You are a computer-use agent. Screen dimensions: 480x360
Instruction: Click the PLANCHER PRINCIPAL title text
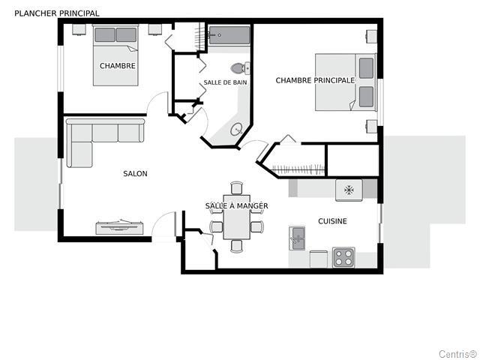57,13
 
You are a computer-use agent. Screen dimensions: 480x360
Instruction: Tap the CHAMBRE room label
118,66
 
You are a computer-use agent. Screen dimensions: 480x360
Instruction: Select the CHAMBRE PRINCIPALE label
315,80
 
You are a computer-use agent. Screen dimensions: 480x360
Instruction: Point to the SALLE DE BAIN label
225,82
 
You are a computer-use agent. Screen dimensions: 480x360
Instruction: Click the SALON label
135,173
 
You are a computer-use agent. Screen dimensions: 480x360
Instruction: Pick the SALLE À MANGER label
237,205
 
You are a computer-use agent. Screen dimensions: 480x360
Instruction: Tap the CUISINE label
332,221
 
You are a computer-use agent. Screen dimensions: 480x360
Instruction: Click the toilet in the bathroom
240,68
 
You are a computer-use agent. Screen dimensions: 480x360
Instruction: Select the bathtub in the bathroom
229,35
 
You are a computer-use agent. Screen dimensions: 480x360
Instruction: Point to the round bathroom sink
237,129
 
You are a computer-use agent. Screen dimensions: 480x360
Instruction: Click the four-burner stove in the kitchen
343,257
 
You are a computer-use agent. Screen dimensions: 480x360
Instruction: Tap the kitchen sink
297,238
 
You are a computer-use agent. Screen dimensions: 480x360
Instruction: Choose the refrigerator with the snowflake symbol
349,190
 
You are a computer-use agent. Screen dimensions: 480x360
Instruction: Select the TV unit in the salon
120,227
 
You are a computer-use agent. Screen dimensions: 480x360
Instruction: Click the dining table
237,217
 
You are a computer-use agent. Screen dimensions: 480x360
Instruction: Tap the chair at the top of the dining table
237,187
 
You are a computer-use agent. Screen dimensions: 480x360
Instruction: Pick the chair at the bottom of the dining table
237,246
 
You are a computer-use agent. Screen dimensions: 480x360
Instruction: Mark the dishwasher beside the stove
319,259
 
